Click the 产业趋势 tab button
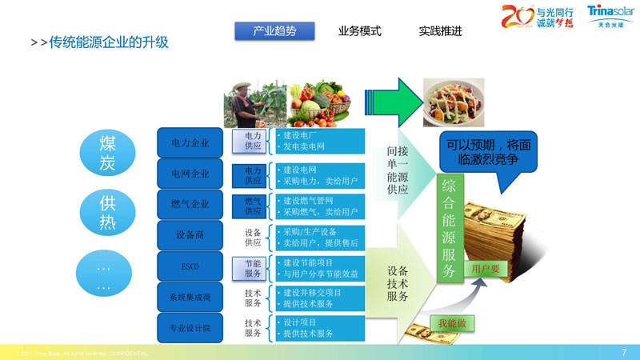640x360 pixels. (x=274, y=31)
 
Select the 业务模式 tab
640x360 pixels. (x=359, y=31)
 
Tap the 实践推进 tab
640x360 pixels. (x=440, y=31)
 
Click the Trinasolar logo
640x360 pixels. (x=610, y=15)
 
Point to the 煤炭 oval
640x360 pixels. (x=107, y=152)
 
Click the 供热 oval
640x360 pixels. (x=107, y=212)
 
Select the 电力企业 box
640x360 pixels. (x=190, y=143)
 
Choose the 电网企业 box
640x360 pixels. (x=190, y=174)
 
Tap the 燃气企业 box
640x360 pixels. (x=190, y=204)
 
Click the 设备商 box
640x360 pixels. (x=190, y=235)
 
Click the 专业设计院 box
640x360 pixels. (x=190, y=327)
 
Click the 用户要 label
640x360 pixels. (x=486, y=269)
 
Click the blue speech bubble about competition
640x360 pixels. (x=487, y=153)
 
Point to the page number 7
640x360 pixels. (x=623, y=352)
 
